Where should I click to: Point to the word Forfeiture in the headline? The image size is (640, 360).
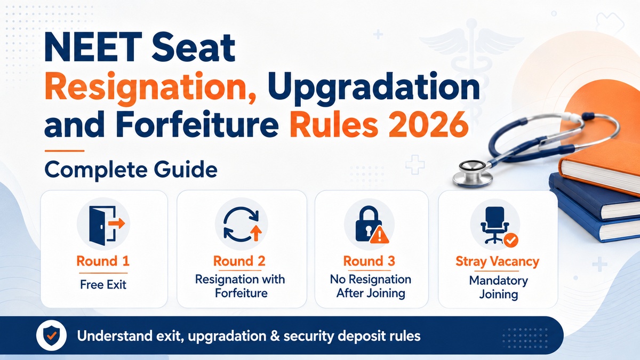click(197, 124)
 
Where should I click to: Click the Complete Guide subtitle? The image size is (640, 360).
click(131, 170)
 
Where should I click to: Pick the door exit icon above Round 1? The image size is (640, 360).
click(106, 225)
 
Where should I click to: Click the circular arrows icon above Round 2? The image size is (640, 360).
click(242, 225)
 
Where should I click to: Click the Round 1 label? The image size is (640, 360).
click(103, 261)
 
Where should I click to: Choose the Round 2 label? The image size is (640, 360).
click(239, 261)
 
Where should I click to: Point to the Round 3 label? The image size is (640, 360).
click(369, 261)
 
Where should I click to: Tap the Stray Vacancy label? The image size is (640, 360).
click(497, 262)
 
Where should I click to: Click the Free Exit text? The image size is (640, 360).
click(103, 285)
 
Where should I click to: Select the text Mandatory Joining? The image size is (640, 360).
click(499, 287)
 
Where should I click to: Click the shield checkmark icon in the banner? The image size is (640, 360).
click(51, 335)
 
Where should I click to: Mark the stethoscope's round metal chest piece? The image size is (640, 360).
click(473, 173)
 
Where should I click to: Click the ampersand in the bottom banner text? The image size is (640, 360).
click(275, 336)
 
